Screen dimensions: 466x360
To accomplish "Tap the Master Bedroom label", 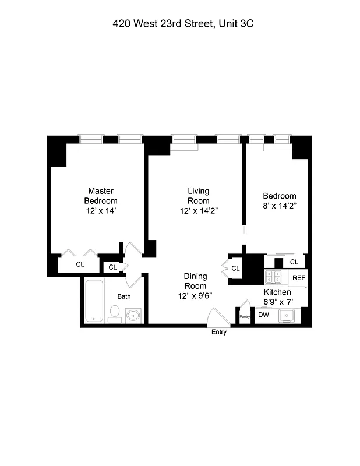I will tap(101, 196).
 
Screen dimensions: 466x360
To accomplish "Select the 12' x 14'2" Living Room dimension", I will tap(199, 211).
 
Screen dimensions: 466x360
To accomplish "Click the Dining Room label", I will tap(195, 281).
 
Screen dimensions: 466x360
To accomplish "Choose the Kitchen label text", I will tap(277, 292).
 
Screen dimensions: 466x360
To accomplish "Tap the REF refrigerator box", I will tap(298, 278).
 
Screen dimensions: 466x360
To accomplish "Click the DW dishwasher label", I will tap(263, 315).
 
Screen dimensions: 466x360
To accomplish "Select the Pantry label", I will tap(245, 317).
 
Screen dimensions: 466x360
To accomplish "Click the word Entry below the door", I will tap(219, 333).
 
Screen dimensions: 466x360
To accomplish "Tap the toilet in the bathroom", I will tap(114, 315).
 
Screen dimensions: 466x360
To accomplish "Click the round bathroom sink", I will tap(133, 315).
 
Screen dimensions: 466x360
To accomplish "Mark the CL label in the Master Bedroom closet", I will tap(80, 264).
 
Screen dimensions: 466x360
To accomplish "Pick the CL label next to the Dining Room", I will tap(235, 269).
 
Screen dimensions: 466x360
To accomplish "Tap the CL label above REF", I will tap(294, 263).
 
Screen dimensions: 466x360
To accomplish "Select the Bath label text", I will tap(124, 296).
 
